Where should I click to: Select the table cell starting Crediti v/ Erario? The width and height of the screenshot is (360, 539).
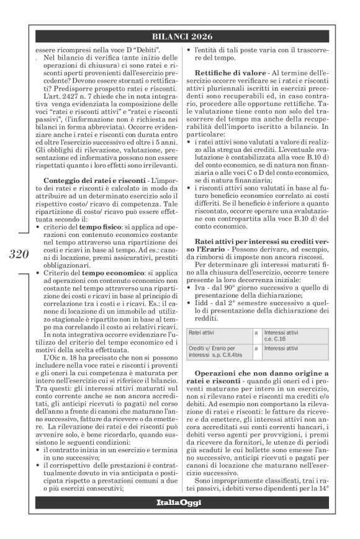(x=214, y=352)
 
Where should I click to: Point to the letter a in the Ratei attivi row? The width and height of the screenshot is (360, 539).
(x=256, y=332)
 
